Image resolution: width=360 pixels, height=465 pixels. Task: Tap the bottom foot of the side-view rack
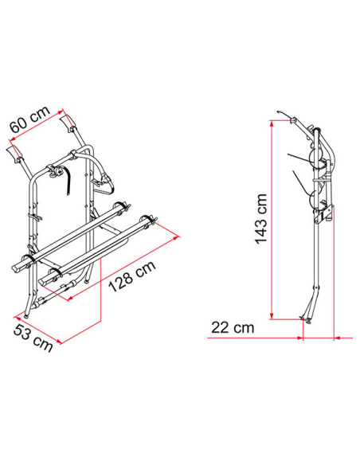305,320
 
